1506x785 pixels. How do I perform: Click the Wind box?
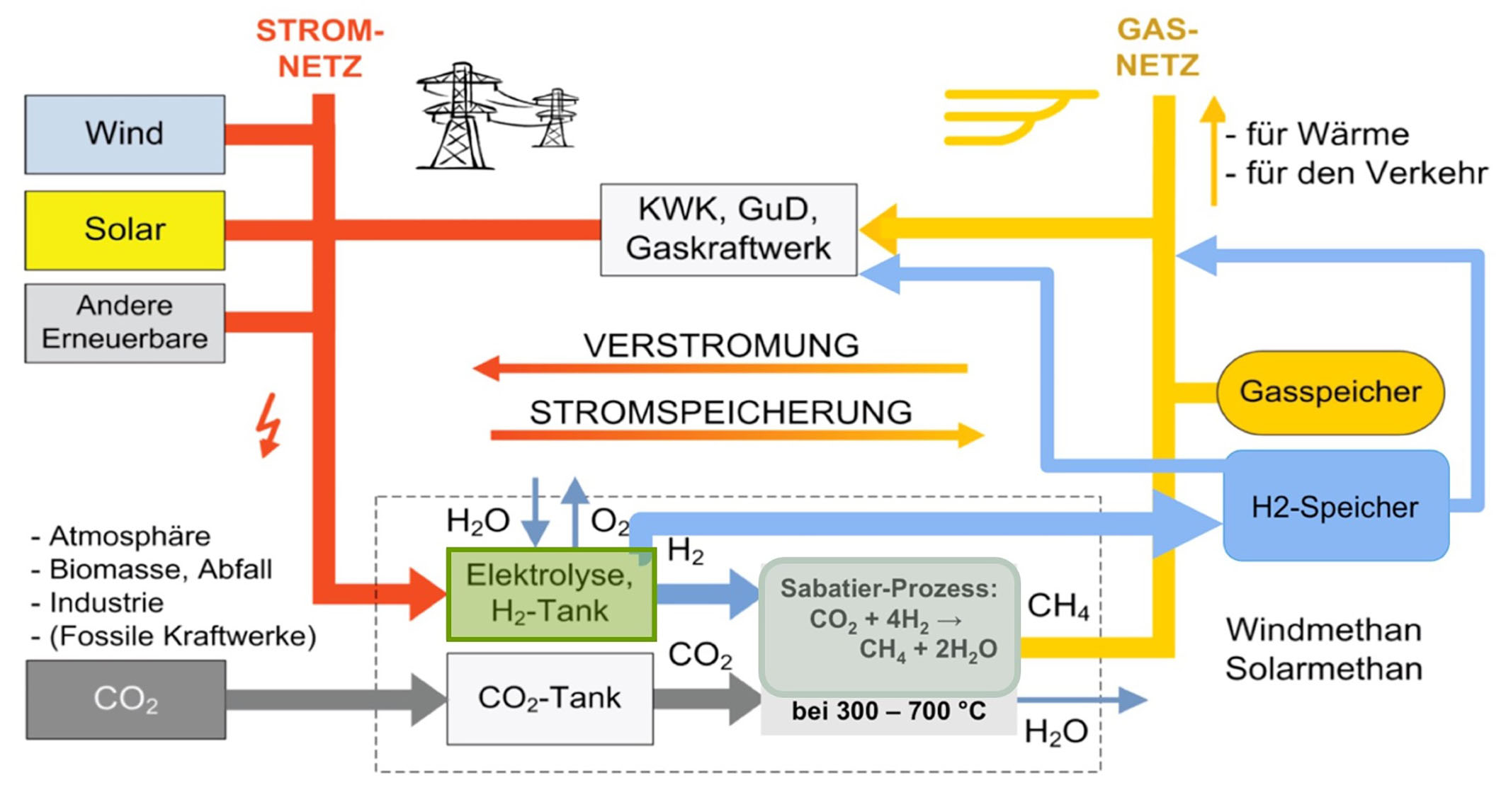(125, 134)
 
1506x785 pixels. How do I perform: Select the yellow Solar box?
(125, 230)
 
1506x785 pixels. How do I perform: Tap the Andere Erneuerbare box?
(125, 323)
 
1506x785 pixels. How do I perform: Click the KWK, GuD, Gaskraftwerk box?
(728, 229)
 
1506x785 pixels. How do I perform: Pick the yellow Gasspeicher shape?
(1330, 392)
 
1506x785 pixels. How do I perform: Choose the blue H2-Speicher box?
(1335, 506)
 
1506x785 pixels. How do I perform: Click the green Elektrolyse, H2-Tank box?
(550, 594)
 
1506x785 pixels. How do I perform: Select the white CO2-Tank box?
(550, 698)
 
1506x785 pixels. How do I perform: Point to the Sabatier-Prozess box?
(889, 626)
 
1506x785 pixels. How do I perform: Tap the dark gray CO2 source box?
(126, 699)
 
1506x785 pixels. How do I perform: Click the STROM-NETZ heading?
(320, 48)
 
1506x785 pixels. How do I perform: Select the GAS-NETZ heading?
(1157, 47)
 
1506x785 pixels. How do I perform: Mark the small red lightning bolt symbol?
(269, 425)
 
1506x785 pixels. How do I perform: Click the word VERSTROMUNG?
(721, 345)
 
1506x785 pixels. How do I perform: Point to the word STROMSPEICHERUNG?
(721, 412)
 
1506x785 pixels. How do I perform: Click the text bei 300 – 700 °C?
(888, 711)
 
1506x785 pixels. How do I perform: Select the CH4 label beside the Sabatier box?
(1058, 606)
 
